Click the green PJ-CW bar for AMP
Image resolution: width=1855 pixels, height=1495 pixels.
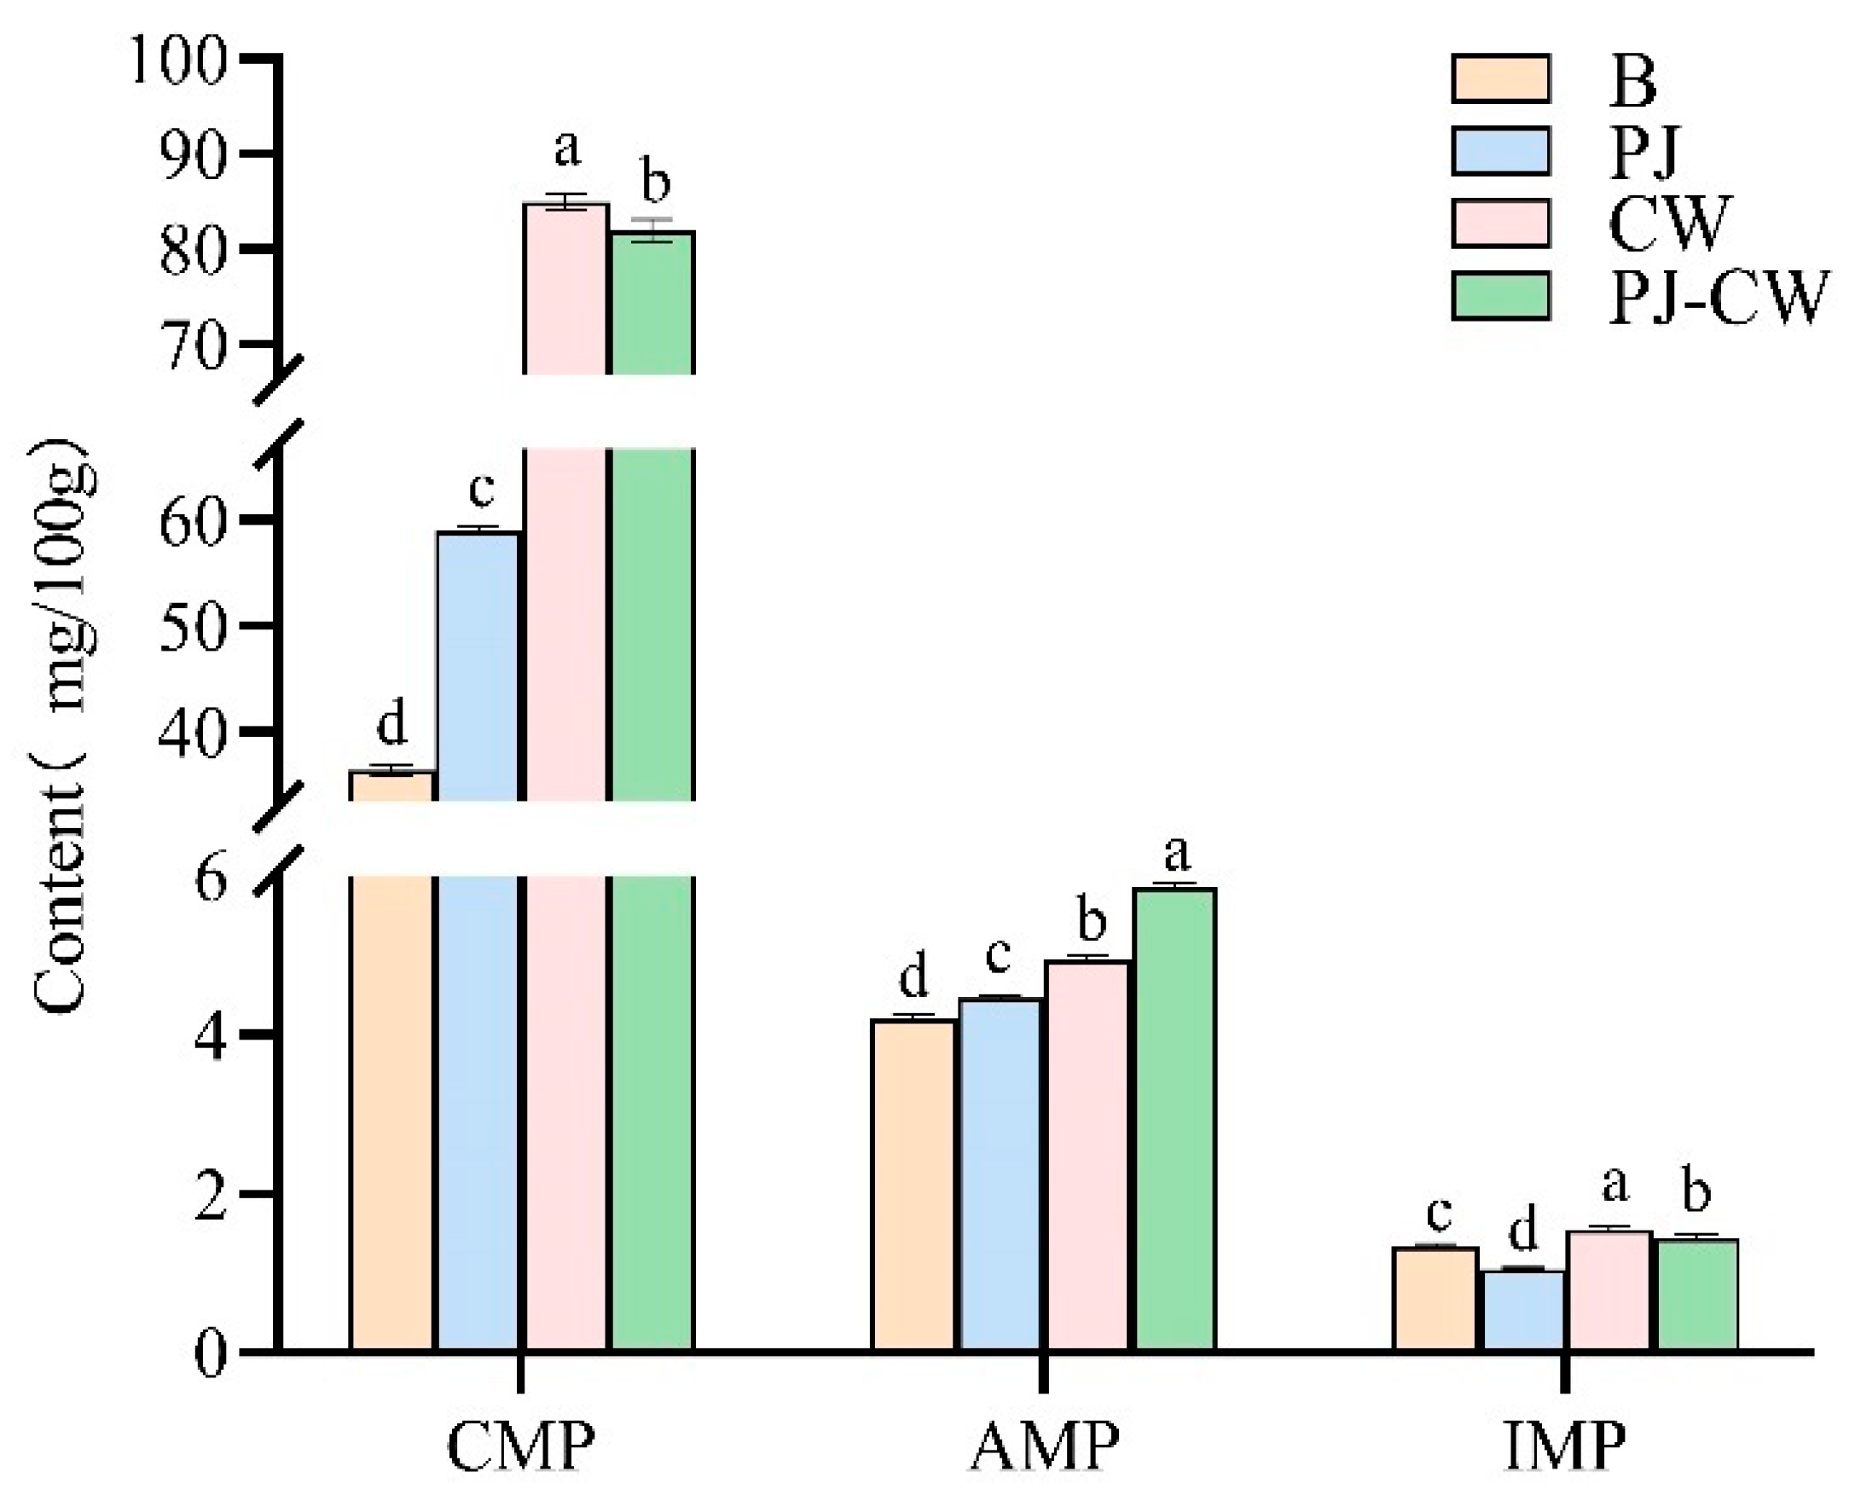pos(1175,1120)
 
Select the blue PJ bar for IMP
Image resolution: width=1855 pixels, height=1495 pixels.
pos(1523,1309)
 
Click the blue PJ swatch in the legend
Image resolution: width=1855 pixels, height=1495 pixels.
pos(1500,151)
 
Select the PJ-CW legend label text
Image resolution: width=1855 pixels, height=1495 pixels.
pos(1717,297)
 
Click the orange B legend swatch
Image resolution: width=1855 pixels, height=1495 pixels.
pos(1500,78)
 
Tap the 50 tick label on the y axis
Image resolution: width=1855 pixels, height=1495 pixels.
pos(192,626)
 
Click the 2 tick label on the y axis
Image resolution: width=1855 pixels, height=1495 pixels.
pos(211,1196)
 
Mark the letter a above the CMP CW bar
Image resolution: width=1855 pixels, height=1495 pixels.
pos(566,148)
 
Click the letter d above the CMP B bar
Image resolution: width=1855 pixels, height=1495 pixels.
pos(391,724)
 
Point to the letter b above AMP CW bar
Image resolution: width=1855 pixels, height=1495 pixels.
pos(1091,920)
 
